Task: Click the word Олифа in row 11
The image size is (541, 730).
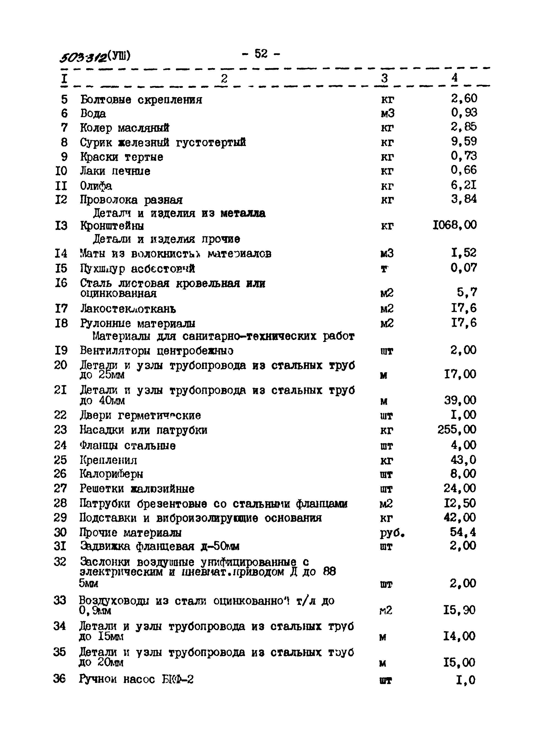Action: (x=96, y=186)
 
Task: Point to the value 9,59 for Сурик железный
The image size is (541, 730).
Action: (x=463, y=141)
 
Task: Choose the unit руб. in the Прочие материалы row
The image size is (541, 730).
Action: (x=392, y=533)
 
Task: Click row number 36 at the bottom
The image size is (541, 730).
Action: (x=60, y=679)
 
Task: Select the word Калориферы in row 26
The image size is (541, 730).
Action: (x=111, y=474)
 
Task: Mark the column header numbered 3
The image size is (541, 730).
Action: (x=385, y=78)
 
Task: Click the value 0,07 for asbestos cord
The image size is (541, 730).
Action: (x=463, y=268)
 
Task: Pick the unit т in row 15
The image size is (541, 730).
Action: (x=385, y=269)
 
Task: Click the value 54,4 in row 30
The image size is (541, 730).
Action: (x=463, y=532)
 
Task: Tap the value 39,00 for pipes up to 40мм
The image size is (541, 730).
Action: (x=460, y=400)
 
